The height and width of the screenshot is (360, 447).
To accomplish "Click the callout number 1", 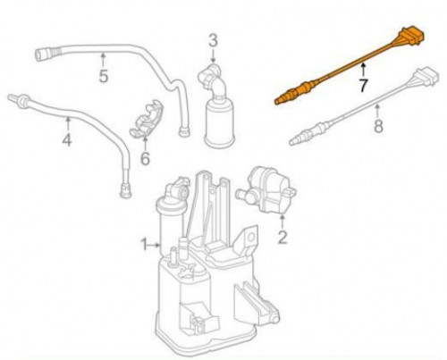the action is click(x=144, y=245).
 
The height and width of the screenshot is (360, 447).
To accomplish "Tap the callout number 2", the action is click(x=282, y=238).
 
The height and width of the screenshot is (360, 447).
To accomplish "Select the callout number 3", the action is click(x=213, y=41).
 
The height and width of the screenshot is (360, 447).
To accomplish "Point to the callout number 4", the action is click(x=67, y=139).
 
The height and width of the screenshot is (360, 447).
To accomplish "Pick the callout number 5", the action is click(x=103, y=76).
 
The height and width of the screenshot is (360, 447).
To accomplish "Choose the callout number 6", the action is click(x=145, y=158).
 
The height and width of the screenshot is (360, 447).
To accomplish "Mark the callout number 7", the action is click(x=364, y=86).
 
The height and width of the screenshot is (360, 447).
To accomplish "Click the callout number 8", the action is click(x=378, y=126).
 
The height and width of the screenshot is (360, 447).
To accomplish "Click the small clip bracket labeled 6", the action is click(x=147, y=119).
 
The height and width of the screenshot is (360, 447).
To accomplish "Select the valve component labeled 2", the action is click(x=267, y=190).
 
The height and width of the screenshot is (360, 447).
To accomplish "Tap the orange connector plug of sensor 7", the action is click(x=410, y=38).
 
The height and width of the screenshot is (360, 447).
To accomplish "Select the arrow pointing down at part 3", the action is click(x=213, y=56).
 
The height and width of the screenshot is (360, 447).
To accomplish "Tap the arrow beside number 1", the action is click(x=155, y=245).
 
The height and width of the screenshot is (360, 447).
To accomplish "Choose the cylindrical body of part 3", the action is click(x=220, y=125).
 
